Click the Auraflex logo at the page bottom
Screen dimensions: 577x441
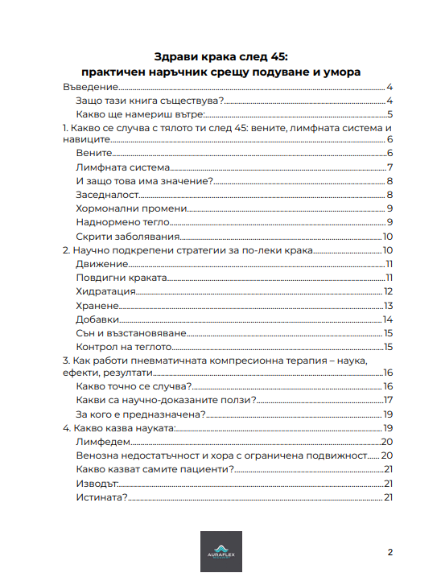tap(220, 552)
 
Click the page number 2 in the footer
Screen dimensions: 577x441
tap(390, 552)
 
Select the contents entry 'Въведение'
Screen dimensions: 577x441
tap(91, 87)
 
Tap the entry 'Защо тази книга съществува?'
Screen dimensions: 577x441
tap(149, 101)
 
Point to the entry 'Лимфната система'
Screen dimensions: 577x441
tap(122, 167)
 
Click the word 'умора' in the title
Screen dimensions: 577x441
tap(341, 72)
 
